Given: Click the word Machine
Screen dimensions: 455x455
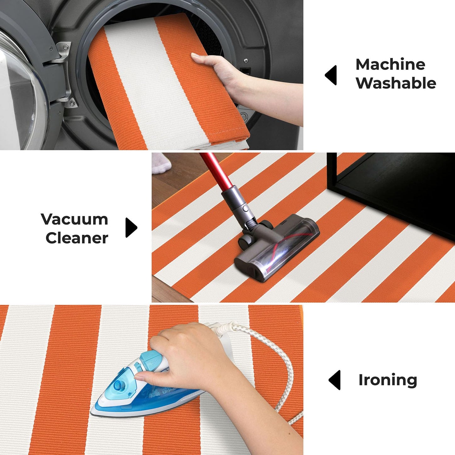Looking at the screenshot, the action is coord(390,64).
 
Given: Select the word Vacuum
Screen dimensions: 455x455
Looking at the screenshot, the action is coord(74,219).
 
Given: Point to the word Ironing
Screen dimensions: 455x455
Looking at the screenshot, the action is coord(388,380).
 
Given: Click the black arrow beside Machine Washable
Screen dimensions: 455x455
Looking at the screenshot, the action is coord(331,75).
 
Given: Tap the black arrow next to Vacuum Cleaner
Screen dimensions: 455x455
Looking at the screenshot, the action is coord(131,228).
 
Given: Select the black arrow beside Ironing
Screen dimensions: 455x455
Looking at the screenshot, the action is coord(335,380).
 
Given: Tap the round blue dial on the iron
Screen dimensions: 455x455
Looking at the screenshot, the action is coord(118,385).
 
